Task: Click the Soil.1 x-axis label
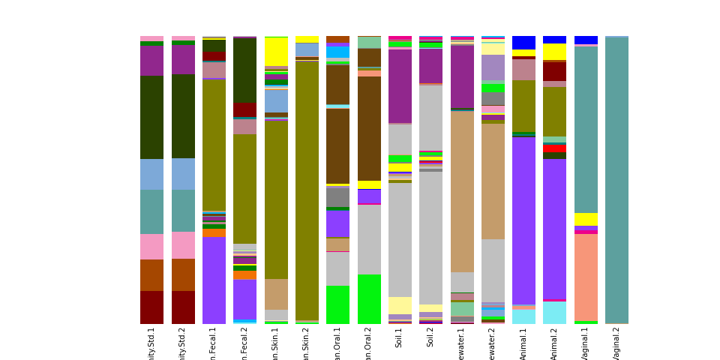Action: point(399,337)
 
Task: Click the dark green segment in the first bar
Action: point(151,117)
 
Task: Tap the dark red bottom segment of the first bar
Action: point(151,307)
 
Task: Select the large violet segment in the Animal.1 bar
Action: point(523,220)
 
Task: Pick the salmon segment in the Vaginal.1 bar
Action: point(586,277)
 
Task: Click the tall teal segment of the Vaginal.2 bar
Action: point(616,180)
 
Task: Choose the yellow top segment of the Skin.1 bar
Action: point(276,51)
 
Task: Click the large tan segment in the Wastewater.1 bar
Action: point(462,191)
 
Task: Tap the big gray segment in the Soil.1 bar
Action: point(400,240)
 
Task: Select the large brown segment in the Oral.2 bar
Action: point(369,128)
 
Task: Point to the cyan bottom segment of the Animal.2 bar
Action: point(554,313)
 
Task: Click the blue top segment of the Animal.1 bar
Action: point(523,43)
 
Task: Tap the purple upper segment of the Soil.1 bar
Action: point(400,86)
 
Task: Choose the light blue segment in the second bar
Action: point(183,174)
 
